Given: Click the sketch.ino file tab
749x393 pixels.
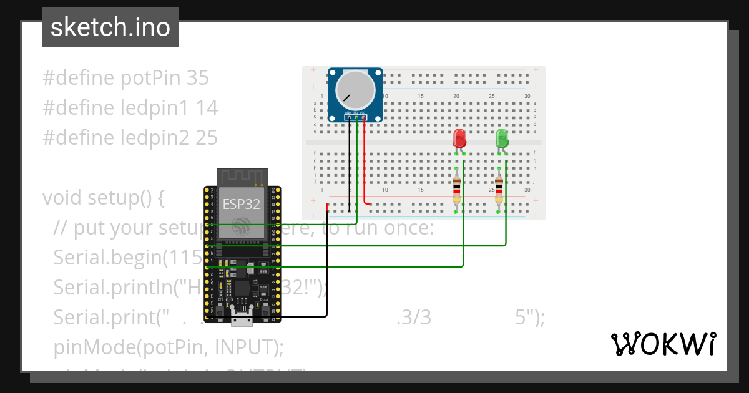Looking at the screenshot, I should [x=110, y=27].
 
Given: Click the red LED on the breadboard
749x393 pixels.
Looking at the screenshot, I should [x=459, y=138].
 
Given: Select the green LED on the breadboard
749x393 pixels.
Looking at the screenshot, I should [x=502, y=138].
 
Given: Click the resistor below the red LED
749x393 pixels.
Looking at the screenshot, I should [x=457, y=190].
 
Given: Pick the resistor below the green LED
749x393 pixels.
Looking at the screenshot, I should [x=499, y=190].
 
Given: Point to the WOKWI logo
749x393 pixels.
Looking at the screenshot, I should [x=663, y=344].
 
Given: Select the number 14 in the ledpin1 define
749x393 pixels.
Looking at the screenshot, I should [x=206, y=108].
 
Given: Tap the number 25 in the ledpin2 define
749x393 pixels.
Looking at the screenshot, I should [x=206, y=138].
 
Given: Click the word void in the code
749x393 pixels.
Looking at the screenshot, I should [x=62, y=198].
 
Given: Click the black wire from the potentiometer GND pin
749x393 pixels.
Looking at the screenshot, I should [x=349, y=162].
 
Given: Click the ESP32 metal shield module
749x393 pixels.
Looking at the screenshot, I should [x=242, y=212].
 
